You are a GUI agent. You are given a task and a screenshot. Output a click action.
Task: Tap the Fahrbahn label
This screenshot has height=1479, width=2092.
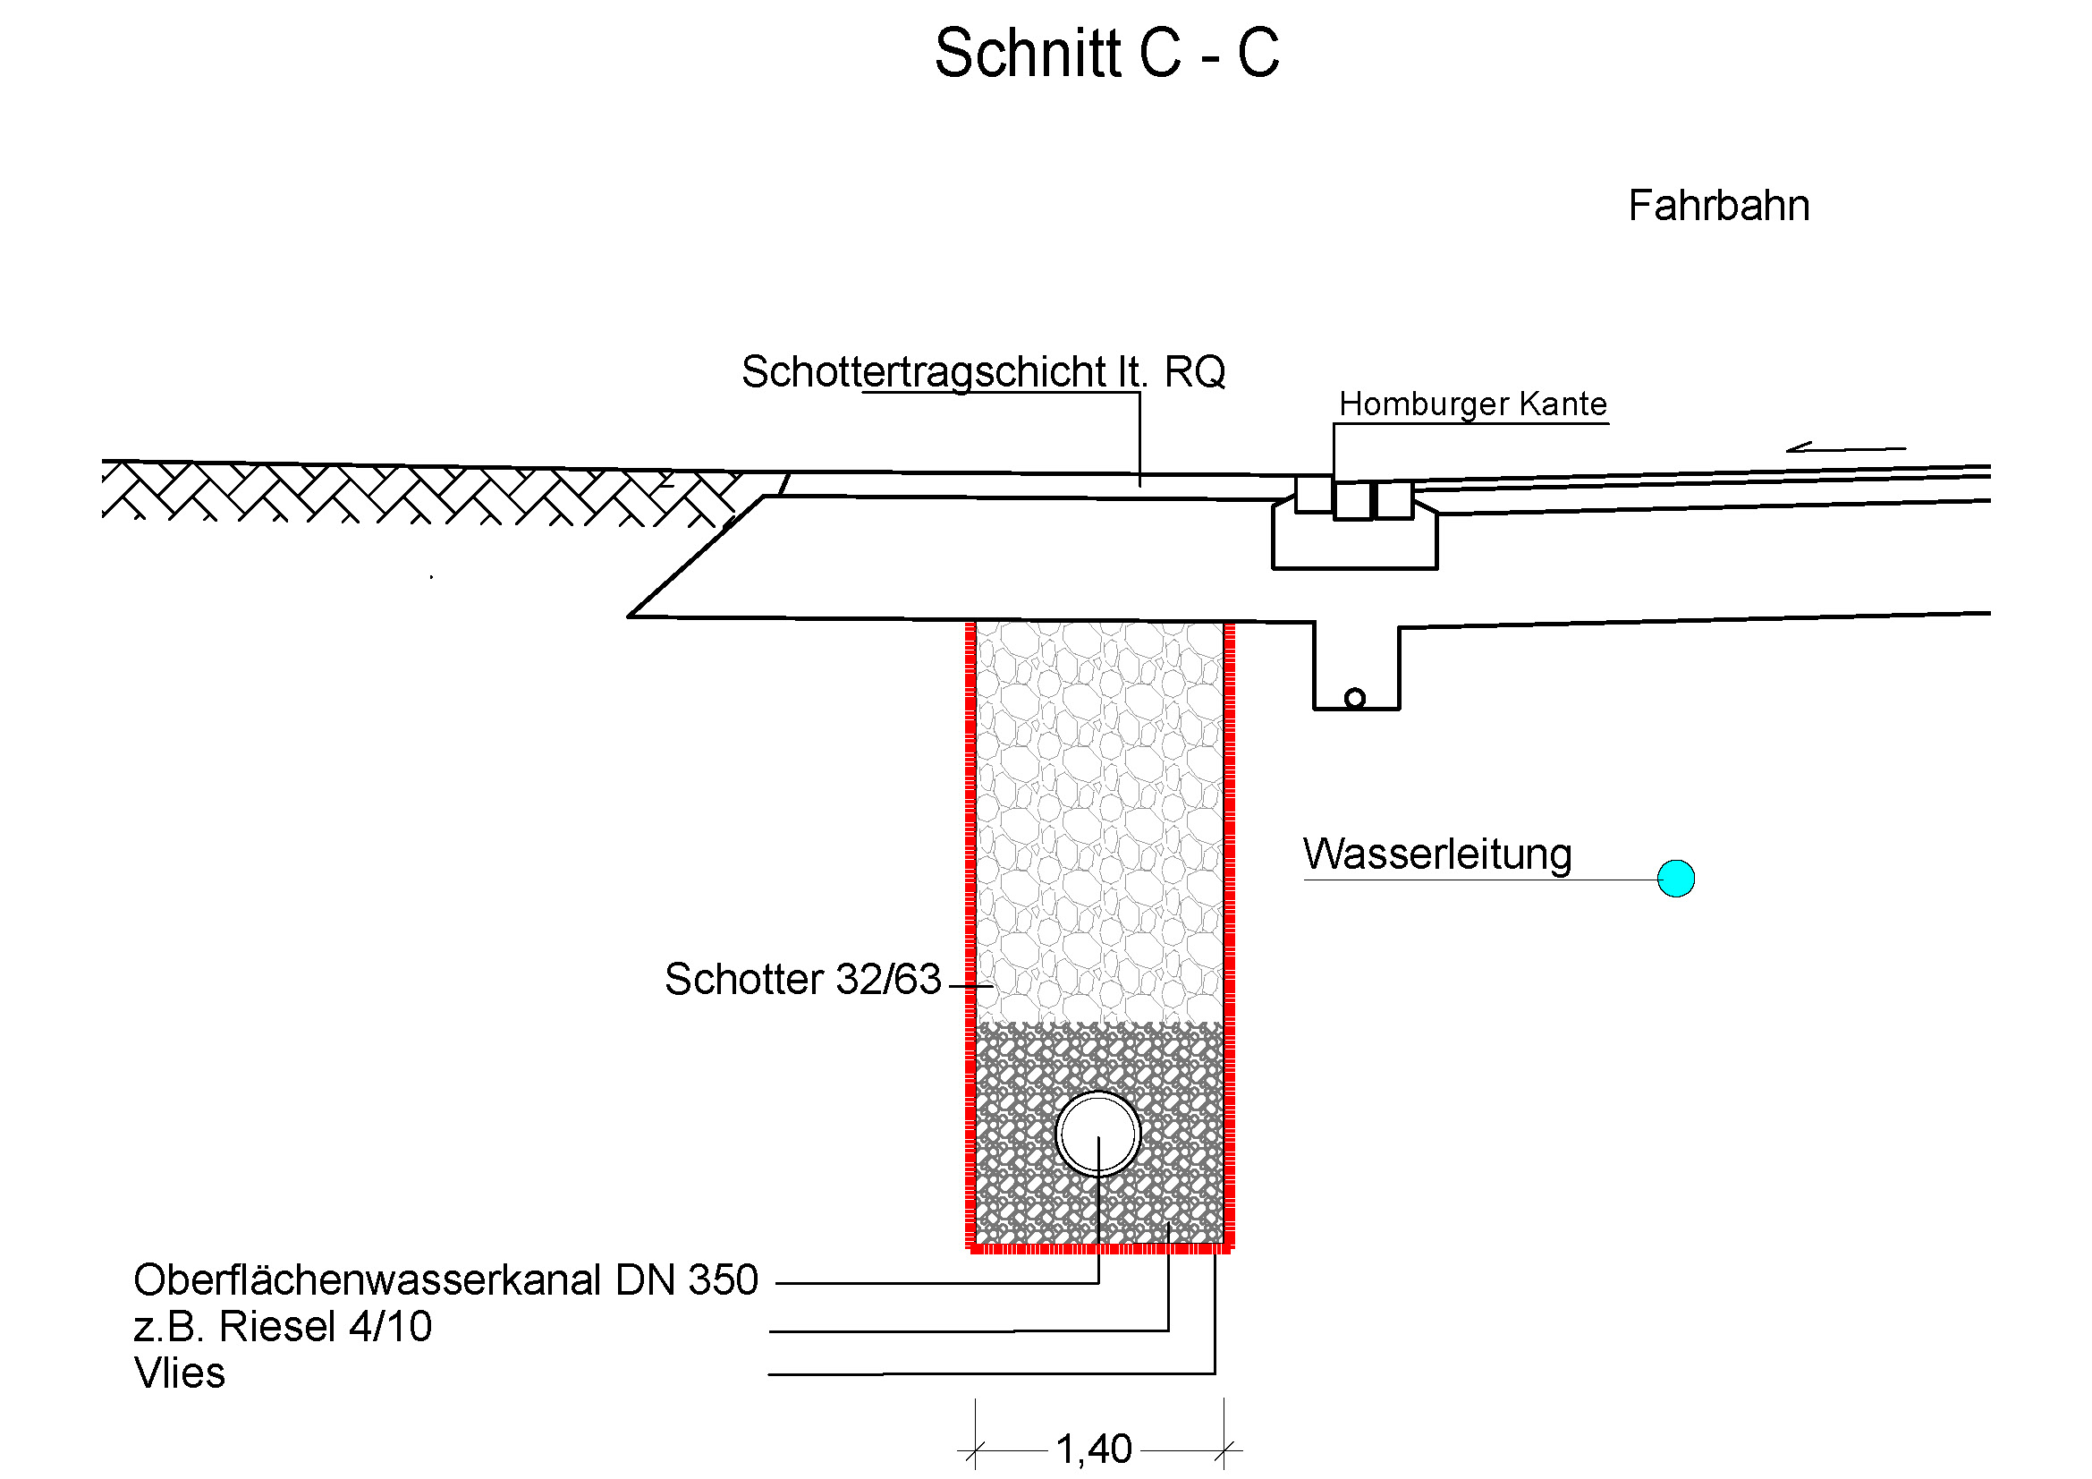(1717, 206)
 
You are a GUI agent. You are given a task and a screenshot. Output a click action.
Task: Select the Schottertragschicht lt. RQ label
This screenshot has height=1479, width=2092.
(982, 372)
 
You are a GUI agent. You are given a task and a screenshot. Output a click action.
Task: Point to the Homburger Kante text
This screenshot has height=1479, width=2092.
(1472, 404)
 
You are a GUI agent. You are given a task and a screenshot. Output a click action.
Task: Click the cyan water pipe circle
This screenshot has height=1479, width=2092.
(1674, 879)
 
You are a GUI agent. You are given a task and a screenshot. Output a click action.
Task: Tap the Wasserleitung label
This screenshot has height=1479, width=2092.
(1437, 854)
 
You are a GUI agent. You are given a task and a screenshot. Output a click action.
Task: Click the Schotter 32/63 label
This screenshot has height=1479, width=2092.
(801, 980)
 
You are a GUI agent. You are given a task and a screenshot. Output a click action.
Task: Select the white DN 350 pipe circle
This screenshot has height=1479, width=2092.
(1098, 1134)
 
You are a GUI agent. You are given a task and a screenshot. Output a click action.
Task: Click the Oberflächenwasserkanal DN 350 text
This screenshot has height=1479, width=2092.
(445, 1280)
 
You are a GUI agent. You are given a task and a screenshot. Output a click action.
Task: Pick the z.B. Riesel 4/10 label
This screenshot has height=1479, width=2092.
(283, 1327)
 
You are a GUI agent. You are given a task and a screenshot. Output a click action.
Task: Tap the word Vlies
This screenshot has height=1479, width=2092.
(180, 1373)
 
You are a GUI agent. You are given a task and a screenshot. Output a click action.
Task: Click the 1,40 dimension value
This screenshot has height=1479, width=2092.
(1093, 1449)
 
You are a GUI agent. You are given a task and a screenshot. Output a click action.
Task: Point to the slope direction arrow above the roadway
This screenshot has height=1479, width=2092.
(1844, 447)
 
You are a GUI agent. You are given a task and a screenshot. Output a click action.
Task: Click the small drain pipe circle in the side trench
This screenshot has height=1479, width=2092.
(1354, 699)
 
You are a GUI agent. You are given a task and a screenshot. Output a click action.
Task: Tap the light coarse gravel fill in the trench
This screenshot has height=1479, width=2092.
(1099, 820)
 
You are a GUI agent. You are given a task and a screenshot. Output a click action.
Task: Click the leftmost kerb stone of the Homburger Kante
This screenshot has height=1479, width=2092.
(1313, 494)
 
